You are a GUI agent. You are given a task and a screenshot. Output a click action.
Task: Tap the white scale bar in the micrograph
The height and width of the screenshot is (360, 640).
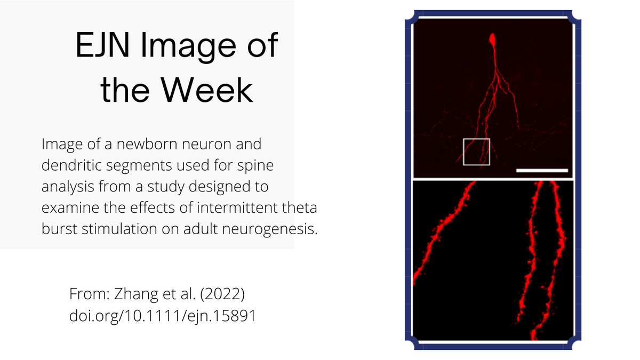[542, 171]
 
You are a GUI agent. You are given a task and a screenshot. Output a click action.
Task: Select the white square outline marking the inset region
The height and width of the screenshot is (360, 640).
[476, 151]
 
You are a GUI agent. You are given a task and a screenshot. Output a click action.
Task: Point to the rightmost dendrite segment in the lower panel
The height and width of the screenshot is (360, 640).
[553, 256]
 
